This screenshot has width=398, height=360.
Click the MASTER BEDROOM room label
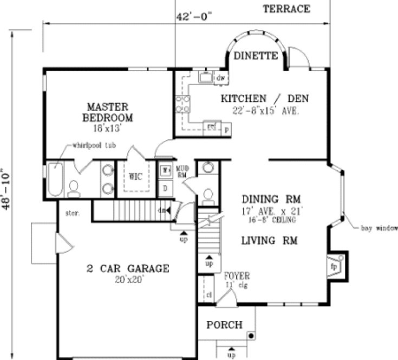tap(107, 111)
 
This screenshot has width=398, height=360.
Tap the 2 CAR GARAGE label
tap(128, 268)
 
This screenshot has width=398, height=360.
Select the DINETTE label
tap(256, 55)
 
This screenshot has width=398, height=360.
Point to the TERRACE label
tap(286, 9)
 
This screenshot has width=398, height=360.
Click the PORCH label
tap(224, 325)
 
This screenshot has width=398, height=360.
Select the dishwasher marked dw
tap(220, 79)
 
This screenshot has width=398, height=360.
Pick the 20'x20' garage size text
tap(128, 280)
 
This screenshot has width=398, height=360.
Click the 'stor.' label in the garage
tap(73, 213)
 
